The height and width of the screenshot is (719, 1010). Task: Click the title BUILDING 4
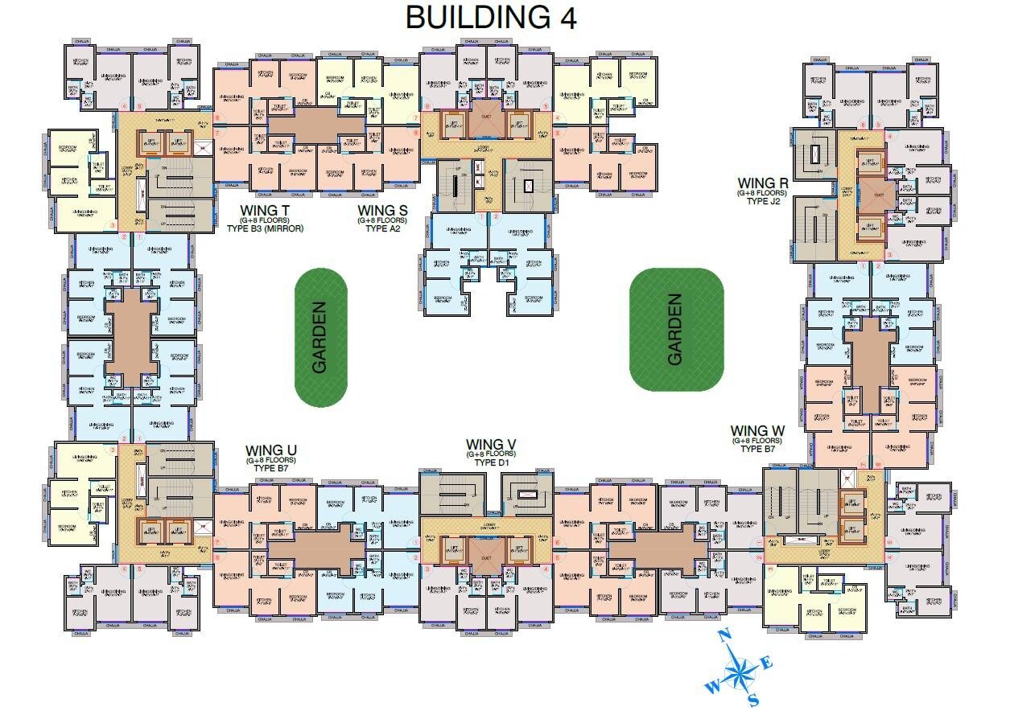(491, 17)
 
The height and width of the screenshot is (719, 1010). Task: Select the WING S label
(382, 211)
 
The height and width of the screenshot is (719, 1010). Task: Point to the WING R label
(762, 183)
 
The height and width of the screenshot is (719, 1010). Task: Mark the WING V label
(491, 445)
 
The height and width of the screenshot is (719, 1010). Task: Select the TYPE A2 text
(382, 228)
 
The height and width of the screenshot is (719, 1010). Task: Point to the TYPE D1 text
(491, 463)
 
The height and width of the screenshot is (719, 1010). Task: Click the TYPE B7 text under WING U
(271, 468)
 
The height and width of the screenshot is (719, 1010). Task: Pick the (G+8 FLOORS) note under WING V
(491, 454)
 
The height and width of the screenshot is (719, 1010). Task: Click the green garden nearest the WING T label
(320, 337)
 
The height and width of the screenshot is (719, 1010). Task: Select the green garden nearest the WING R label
(676, 329)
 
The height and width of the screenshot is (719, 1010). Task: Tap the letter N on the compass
(723, 635)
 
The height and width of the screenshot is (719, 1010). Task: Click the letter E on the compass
(768, 663)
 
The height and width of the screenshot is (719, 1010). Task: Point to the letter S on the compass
(753, 701)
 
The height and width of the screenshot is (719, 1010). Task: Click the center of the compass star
(740, 669)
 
